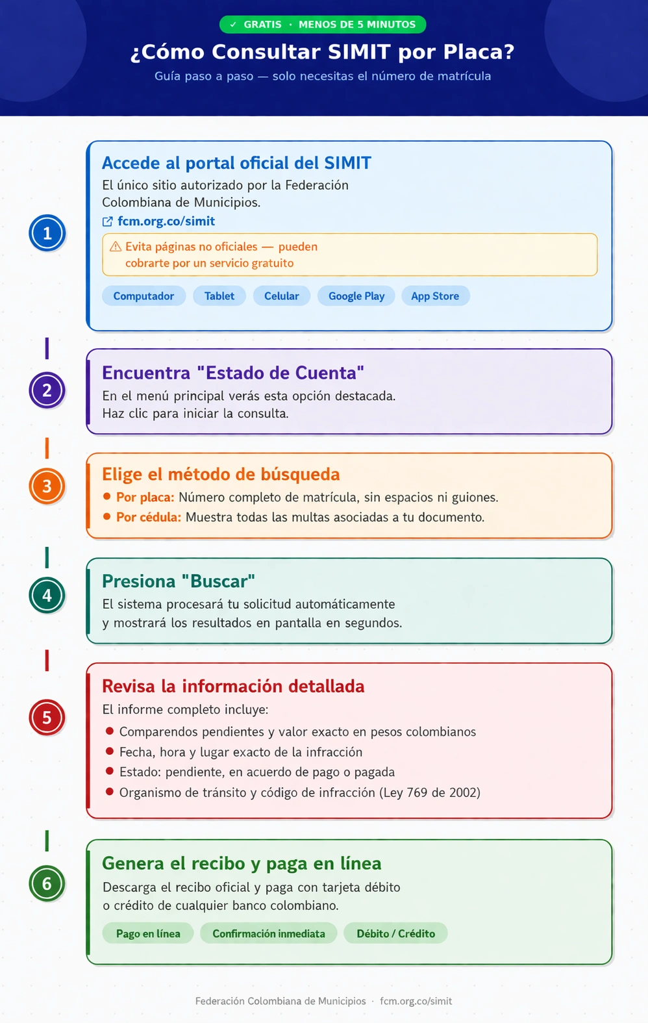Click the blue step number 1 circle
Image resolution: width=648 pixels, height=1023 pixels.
coord(47,233)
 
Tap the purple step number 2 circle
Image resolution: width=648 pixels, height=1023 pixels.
coord(47,390)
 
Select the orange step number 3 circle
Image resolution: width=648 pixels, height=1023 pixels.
coord(47,486)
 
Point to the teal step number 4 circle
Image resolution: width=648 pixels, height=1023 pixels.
coord(47,595)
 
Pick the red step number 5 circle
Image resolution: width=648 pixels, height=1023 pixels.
coord(47,718)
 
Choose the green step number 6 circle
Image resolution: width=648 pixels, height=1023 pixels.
coord(47,883)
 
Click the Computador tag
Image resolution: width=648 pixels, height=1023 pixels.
coord(143,296)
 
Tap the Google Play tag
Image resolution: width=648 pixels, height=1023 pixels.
coord(356,296)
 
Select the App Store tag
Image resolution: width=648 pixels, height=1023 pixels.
coord(435,296)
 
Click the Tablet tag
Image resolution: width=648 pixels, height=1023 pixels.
coord(219,296)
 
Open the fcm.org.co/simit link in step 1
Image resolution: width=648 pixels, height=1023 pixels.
coord(166,221)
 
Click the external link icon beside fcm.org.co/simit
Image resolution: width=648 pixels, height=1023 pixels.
coord(108,222)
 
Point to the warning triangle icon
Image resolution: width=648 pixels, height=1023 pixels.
coord(116,247)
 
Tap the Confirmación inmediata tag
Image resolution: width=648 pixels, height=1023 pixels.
coord(268,933)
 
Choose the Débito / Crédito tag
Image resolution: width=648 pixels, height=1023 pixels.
coord(395,933)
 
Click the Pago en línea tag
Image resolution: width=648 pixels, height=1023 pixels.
coord(148,933)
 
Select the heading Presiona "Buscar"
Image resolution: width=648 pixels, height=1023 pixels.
coord(178,581)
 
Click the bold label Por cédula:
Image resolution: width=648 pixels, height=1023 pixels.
coord(149,518)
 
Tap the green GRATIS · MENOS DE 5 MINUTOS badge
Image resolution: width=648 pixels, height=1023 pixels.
coord(323,25)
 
